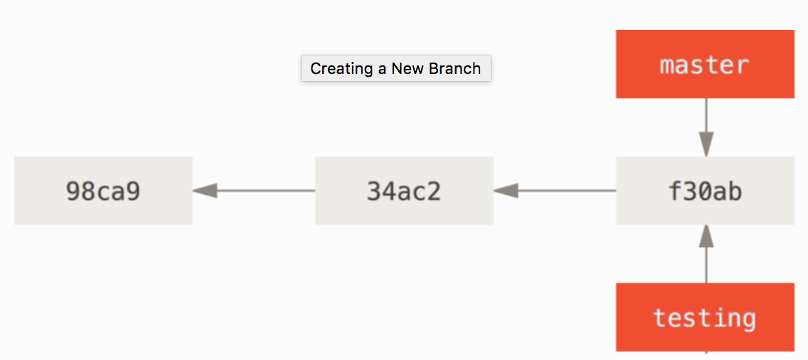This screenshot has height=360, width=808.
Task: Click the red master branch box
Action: click(x=705, y=64)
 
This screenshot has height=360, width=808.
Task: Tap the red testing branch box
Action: click(x=705, y=317)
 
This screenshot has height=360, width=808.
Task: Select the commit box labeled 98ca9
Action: click(x=103, y=191)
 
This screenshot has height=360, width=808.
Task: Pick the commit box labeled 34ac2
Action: click(x=404, y=191)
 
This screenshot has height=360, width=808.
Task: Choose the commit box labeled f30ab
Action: click(x=705, y=191)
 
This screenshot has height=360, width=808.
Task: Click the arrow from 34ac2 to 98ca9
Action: click(x=254, y=191)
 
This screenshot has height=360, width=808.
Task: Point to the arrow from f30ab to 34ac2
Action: click(x=555, y=191)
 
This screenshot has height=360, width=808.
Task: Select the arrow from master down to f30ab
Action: click(x=706, y=127)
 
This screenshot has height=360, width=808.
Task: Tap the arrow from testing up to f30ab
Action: click(x=706, y=254)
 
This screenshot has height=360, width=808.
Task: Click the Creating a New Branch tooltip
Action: click(x=395, y=68)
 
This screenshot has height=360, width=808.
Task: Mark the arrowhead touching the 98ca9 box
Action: click(x=205, y=191)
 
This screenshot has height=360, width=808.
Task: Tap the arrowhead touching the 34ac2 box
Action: click(x=506, y=191)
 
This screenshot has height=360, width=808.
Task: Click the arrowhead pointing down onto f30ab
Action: click(x=706, y=144)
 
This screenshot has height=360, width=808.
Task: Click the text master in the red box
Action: click(x=704, y=65)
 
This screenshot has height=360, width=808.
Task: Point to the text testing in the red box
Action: click(x=704, y=318)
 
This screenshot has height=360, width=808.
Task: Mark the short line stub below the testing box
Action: click(x=706, y=355)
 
